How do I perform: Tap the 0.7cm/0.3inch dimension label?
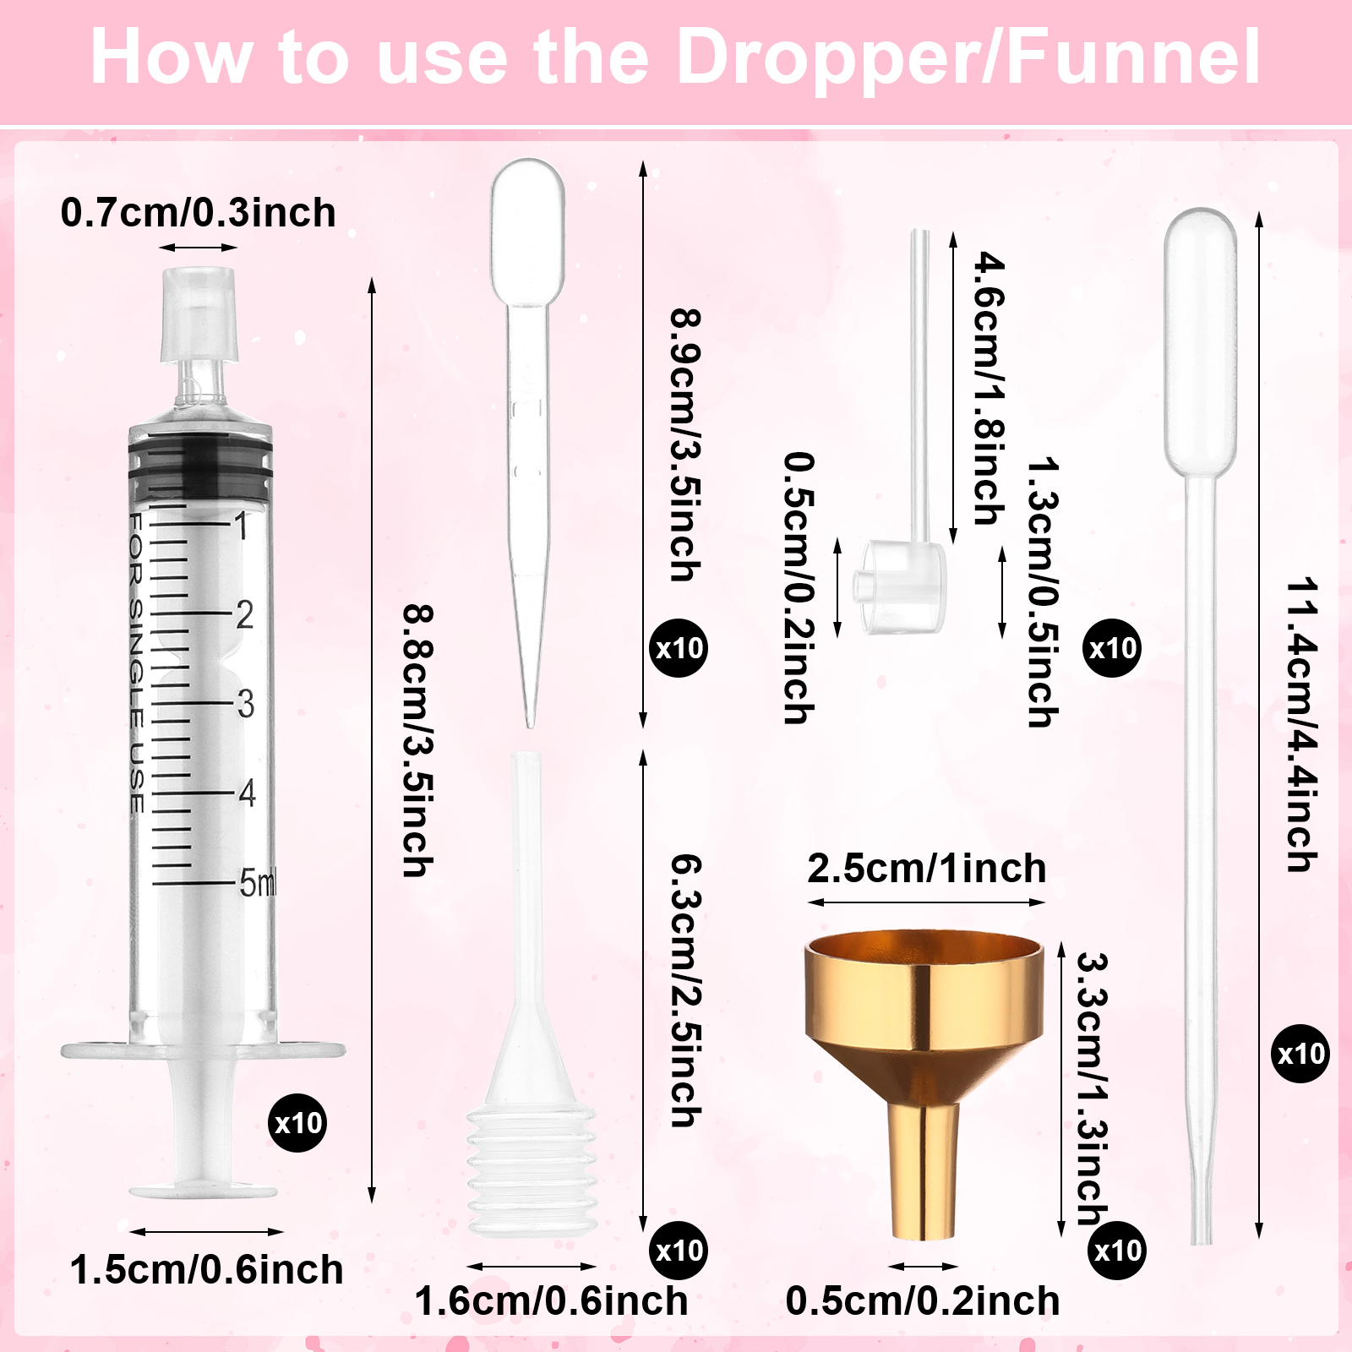[199, 212]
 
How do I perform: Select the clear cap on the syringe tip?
[199, 313]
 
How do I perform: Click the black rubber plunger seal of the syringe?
[200, 466]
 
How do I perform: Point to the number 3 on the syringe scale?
[245, 703]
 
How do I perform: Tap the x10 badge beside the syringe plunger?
[297, 1123]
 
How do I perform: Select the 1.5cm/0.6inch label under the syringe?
[207, 1269]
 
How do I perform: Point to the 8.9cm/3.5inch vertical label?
[685, 444]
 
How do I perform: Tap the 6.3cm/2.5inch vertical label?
[685, 990]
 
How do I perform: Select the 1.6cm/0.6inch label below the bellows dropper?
[552, 1300]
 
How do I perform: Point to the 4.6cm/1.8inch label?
[989, 388]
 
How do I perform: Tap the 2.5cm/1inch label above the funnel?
[927, 869]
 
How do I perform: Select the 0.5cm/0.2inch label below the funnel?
[923, 1300]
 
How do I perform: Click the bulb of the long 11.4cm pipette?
[1200, 342]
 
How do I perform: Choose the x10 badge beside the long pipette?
[1300, 1054]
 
